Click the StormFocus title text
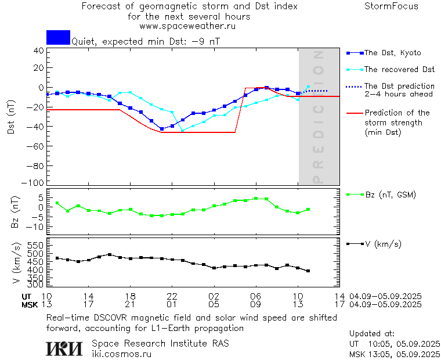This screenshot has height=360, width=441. pos(391,6)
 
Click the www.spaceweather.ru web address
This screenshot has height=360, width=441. pos(187,26)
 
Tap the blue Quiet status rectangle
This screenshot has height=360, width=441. pos(58,37)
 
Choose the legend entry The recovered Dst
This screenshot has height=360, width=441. pos(399,70)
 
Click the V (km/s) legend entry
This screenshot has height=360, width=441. pos(383,244)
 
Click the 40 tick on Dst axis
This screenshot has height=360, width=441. pos(39,51)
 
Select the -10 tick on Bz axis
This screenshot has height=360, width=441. pos(36,226)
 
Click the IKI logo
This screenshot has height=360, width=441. pos(65,348)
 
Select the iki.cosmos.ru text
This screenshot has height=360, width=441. pos(121,354)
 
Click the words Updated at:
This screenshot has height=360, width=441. pos(372,334)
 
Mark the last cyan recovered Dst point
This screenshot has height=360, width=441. pos(308,87)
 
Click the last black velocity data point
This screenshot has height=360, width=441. pos(308,271)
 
